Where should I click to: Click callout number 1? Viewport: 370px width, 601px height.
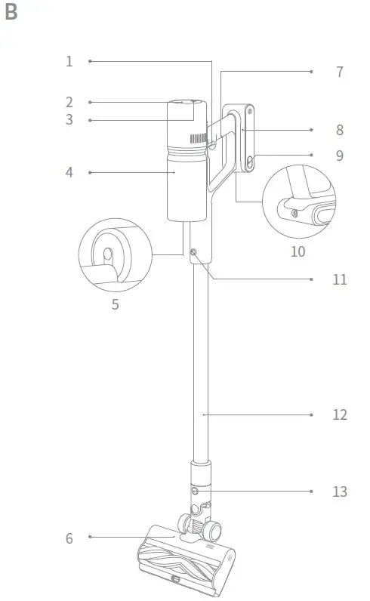point(69,61)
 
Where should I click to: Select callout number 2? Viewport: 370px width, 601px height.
point(69,102)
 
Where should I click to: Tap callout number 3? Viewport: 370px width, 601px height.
point(69,120)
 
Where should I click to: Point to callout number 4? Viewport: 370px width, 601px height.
point(69,172)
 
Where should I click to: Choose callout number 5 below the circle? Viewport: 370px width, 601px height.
point(115,305)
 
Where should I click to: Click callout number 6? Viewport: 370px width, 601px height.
point(69,538)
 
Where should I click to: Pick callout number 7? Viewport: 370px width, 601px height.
point(339,72)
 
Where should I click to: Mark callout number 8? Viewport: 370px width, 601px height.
point(339,130)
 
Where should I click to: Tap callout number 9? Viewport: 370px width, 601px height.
point(339,155)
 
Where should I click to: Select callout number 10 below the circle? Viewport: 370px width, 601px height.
point(298,251)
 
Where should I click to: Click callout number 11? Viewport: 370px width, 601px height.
point(339,279)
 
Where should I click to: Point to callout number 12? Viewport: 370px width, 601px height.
point(339,415)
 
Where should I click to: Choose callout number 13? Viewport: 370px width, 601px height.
point(339,492)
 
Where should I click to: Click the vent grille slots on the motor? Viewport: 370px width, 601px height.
point(198,140)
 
